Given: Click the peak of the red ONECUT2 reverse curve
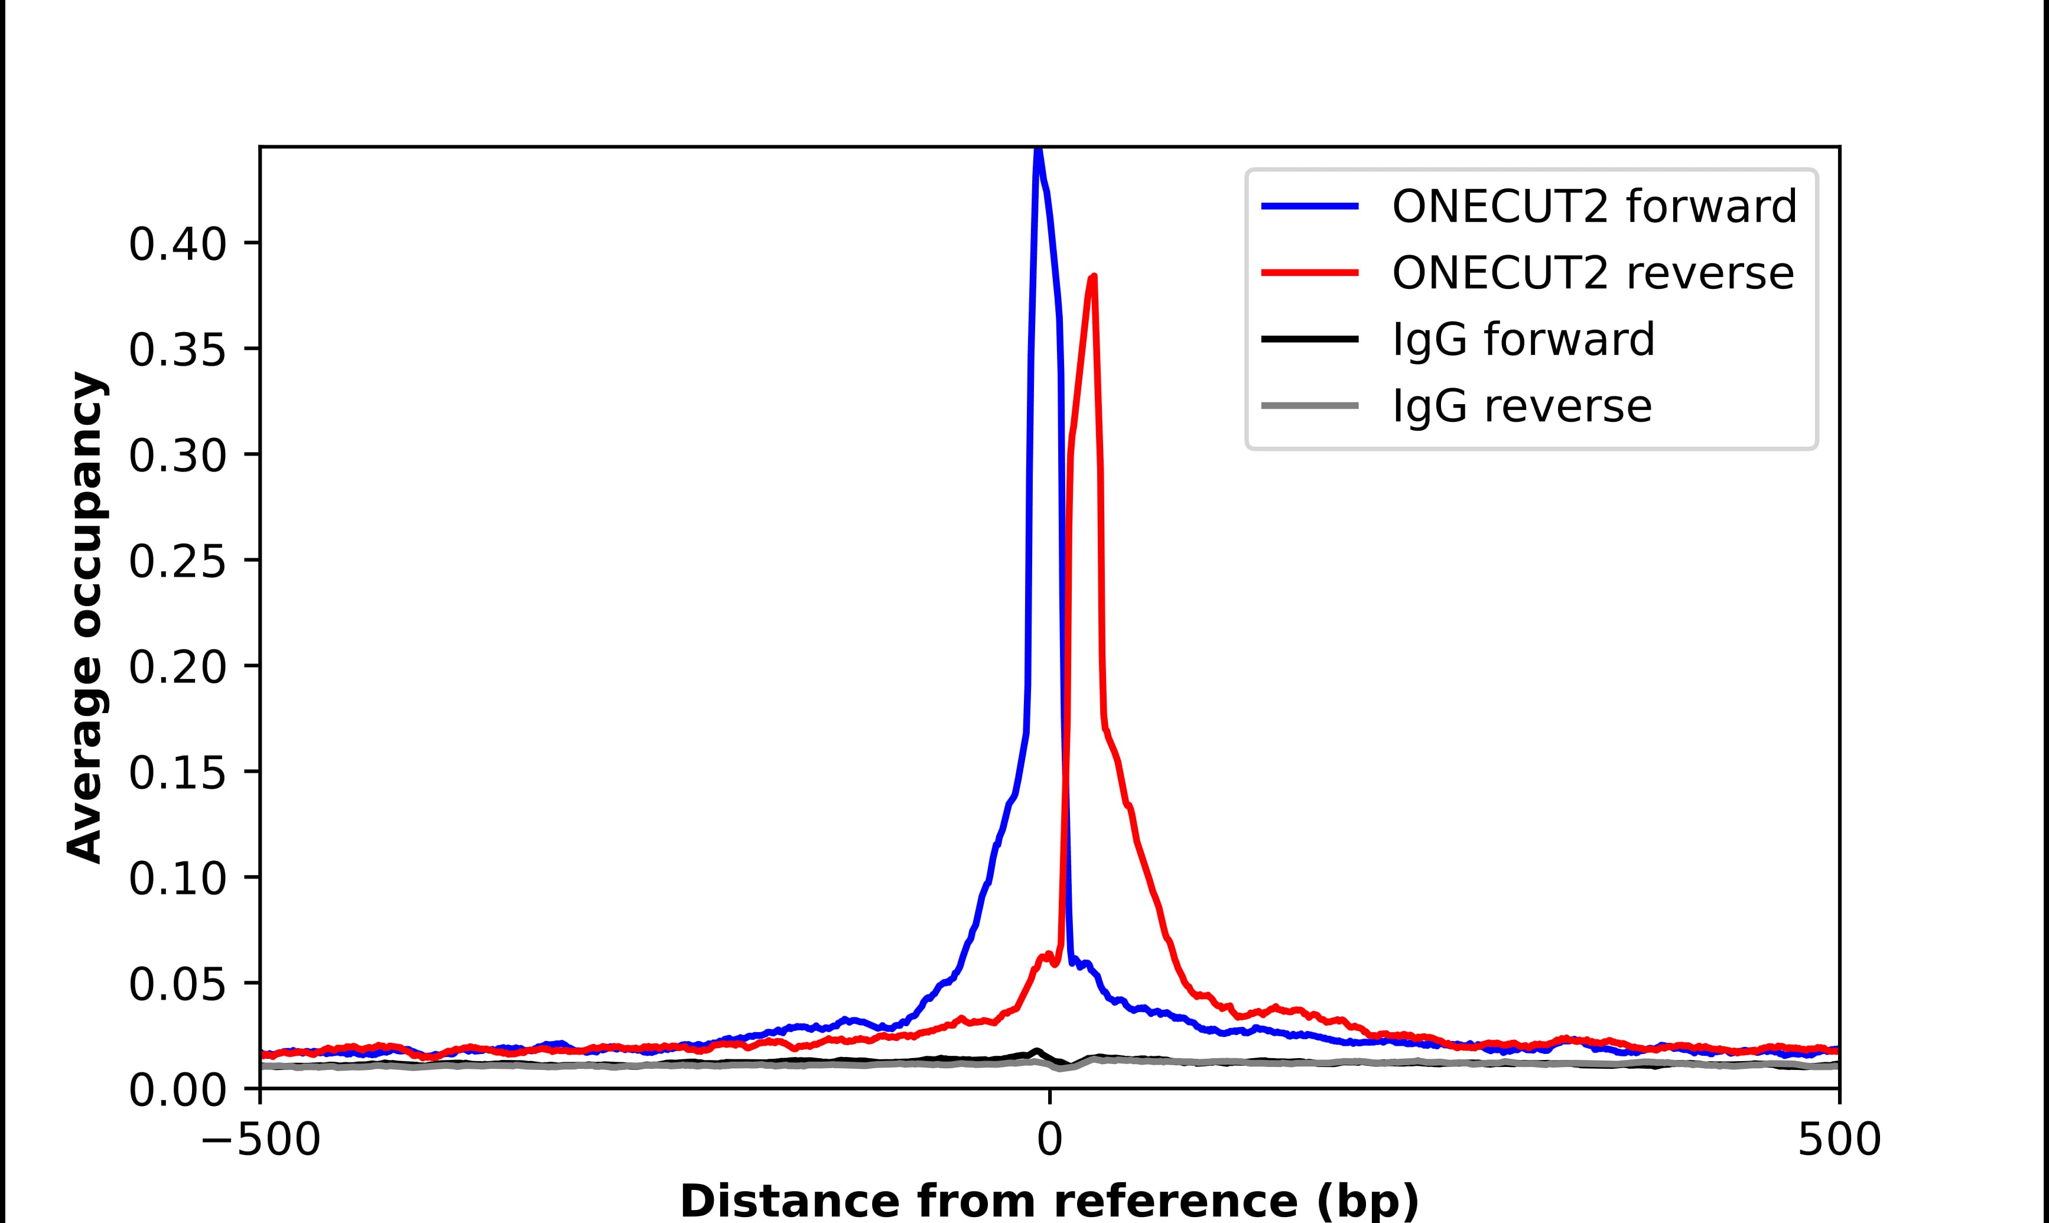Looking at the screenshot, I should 1093,278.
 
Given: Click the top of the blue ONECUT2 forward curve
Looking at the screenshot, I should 1038,151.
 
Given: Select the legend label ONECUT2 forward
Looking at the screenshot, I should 1593,206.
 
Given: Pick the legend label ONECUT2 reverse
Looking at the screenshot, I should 1592,273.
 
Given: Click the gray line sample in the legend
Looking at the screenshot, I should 1310,405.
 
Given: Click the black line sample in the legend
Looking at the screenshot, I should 1310,339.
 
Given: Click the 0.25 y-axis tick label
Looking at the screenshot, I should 177,563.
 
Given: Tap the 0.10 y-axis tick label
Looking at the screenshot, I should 177,879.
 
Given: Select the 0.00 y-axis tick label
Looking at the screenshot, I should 177,1091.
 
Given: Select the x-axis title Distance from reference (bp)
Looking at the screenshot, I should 1049,1201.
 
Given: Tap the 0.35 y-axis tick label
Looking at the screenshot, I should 177,351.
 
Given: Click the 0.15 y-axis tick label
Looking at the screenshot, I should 177,774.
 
